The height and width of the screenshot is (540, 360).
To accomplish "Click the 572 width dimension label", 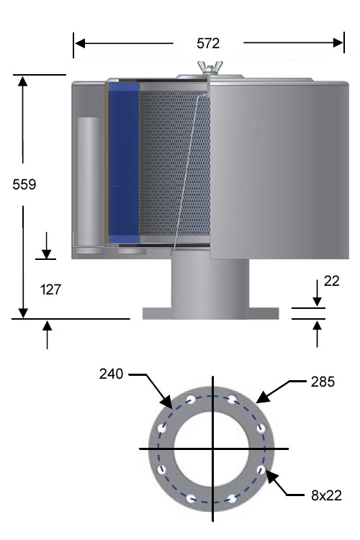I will (209, 43).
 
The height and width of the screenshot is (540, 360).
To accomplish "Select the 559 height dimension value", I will (24, 184).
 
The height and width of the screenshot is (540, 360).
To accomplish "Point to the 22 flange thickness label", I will (331, 281).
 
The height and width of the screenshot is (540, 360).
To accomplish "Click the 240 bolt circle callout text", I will (112, 374).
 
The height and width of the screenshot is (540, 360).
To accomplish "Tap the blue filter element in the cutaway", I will (123, 162).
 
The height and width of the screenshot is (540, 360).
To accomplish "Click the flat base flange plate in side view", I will (210, 313).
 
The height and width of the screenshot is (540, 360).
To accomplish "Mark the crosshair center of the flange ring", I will (212, 449).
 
